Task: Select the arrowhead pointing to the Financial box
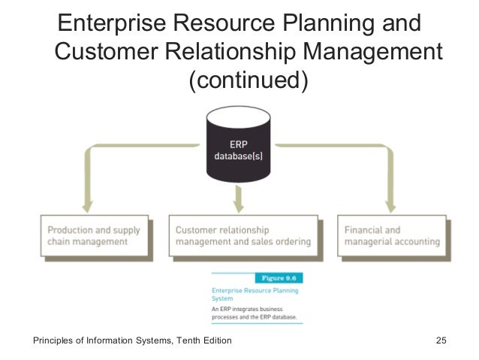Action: coord(389,204)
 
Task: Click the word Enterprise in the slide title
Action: coord(113,23)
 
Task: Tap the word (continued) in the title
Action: coord(248,80)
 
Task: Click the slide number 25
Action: coord(441,342)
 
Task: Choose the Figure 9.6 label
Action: coord(279,277)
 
